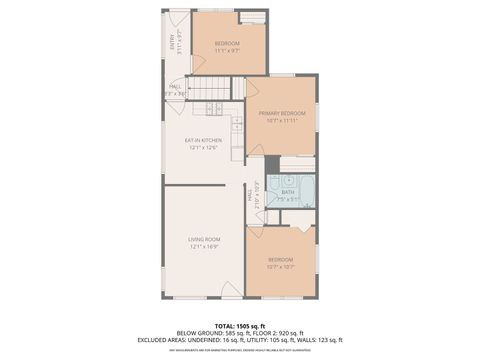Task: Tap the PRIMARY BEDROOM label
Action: click(x=281, y=113)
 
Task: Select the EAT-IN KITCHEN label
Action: click(x=203, y=140)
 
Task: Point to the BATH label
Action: click(x=287, y=192)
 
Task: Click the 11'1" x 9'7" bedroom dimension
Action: click(x=229, y=51)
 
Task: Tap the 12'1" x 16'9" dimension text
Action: click(x=203, y=246)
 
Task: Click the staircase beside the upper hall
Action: click(x=210, y=89)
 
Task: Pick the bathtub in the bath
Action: click(x=305, y=190)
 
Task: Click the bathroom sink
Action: click(x=287, y=180)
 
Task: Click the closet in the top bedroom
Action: click(x=253, y=17)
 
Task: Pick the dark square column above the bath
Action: click(x=272, y=164)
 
